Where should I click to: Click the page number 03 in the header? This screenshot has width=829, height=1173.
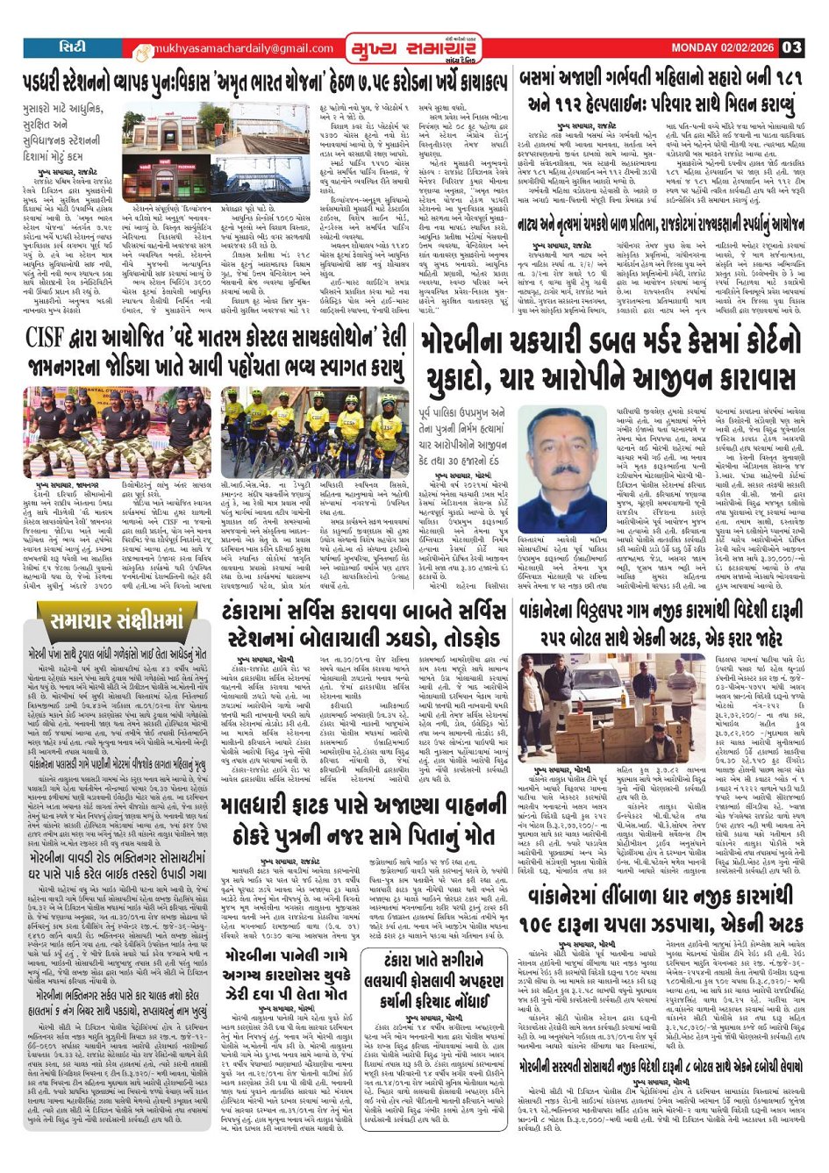click(791, 47)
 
